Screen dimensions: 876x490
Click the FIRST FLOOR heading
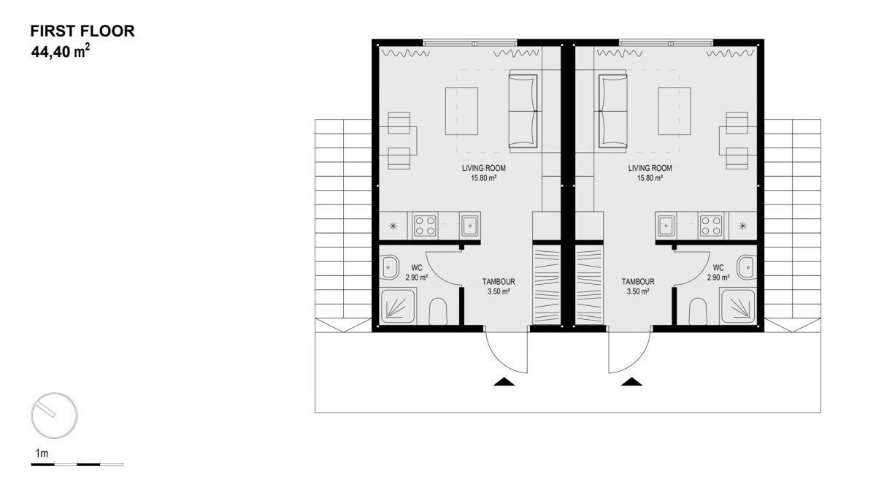point(82,31)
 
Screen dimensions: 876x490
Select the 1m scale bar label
point(42,453)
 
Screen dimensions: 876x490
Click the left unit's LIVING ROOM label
point(484,168)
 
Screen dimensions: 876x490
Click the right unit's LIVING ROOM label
point(650,168)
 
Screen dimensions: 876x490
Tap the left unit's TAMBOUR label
point(499,282)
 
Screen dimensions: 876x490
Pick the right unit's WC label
point(718,268)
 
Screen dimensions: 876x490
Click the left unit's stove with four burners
point(425,226)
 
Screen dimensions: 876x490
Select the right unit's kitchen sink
point(666,226)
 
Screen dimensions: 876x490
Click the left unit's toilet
point(438,312)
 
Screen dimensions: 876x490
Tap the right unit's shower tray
point(737,307)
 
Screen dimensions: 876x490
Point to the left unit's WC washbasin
point(390,267)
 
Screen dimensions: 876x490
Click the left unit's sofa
point(523,112)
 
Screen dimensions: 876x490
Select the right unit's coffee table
point(675,111)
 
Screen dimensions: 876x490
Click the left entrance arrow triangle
point(504,382)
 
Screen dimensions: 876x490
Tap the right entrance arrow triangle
point(631,382)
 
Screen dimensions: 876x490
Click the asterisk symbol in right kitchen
point(742,226)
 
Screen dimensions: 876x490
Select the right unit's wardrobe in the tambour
point(589,285)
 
